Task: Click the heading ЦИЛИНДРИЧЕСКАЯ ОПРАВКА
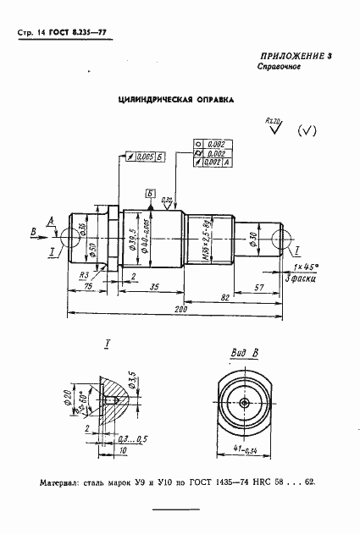tap(174, 99)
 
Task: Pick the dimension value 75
tap(89, 287)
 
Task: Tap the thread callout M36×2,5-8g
tap(203, 239)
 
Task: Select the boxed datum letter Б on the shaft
tap(150, 192)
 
